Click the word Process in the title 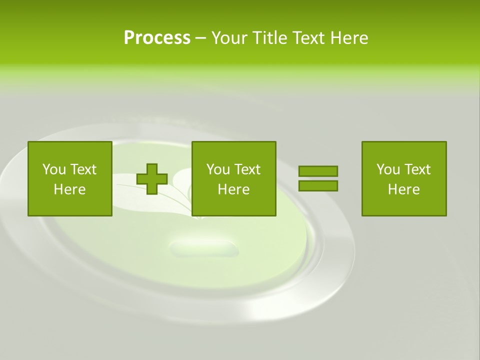(x=157, y=38)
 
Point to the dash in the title (x=200, y=38)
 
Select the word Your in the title (x=228, y=38)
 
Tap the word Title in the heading (x=269, y=38)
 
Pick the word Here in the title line (x=350, y=38)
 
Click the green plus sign (x=152, y=179)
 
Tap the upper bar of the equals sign (x=318, y=171)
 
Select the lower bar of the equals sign (x=318, y=186)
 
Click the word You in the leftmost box (x=53, y=169)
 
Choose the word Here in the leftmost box (x=69, y=189)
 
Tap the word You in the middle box (x=218, y=169)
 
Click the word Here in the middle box (x=233, y=189)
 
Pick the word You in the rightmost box (x=388, y=169)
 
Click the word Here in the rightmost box (x=403, y=189)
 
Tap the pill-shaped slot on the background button (x=203, y=247)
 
